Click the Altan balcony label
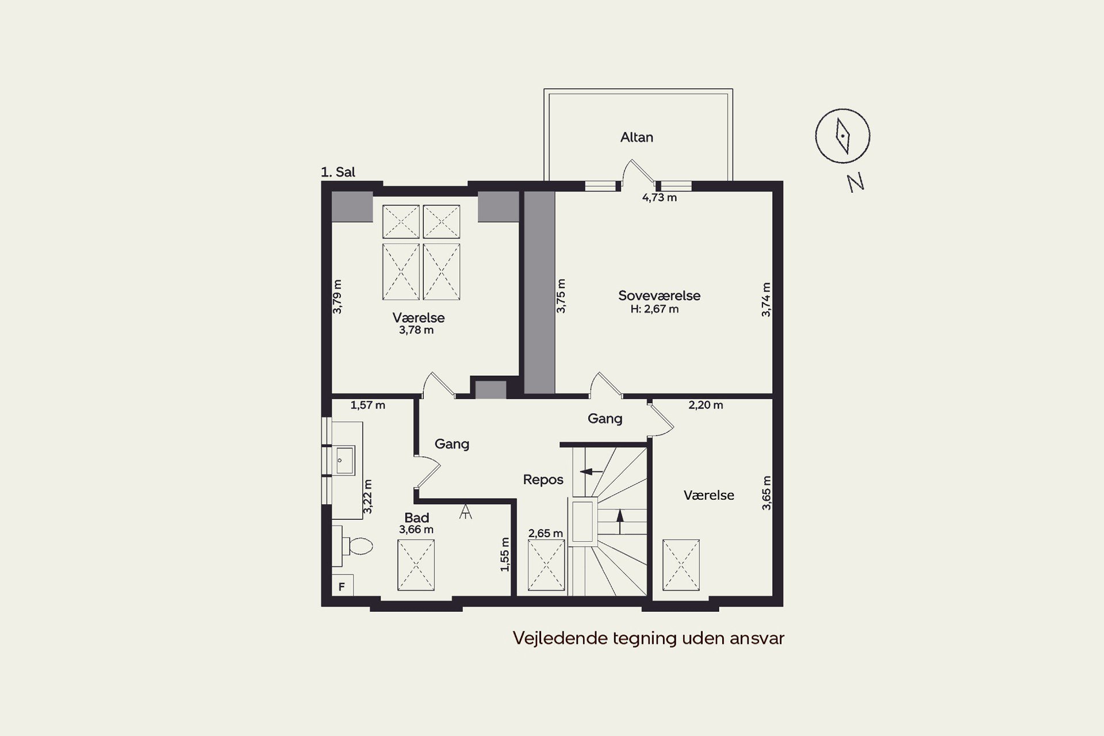coord(637,137)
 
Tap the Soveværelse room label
coord(659,296)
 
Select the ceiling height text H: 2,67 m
coord(654,309)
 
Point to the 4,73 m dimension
coord(659,198)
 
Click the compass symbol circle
coord(815,136)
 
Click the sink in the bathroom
coord(344,460)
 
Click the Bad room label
coord(416,517)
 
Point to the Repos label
coord(543,480)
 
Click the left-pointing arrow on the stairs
coord(592,471)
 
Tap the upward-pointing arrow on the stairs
coord(620,522)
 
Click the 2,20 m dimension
coord(706,405)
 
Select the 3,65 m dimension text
coord(766,493)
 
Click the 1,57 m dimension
coord(367,405)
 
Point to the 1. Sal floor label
coord(338,172)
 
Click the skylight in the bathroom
coord(416,565)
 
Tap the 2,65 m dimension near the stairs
coord(545,534)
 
